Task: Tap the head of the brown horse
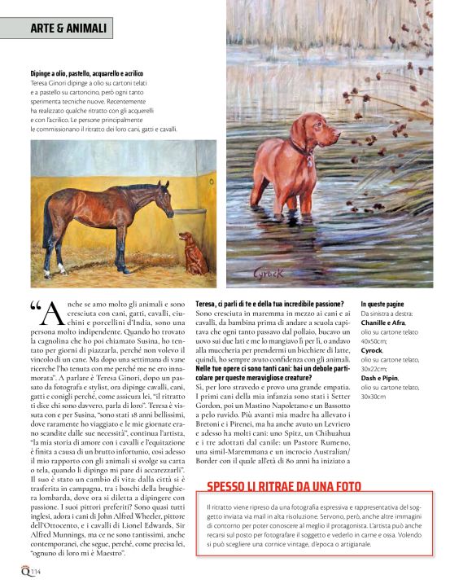(159, 193)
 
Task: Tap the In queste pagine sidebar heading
(385, 303)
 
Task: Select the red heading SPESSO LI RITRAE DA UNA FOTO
(284, 485)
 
